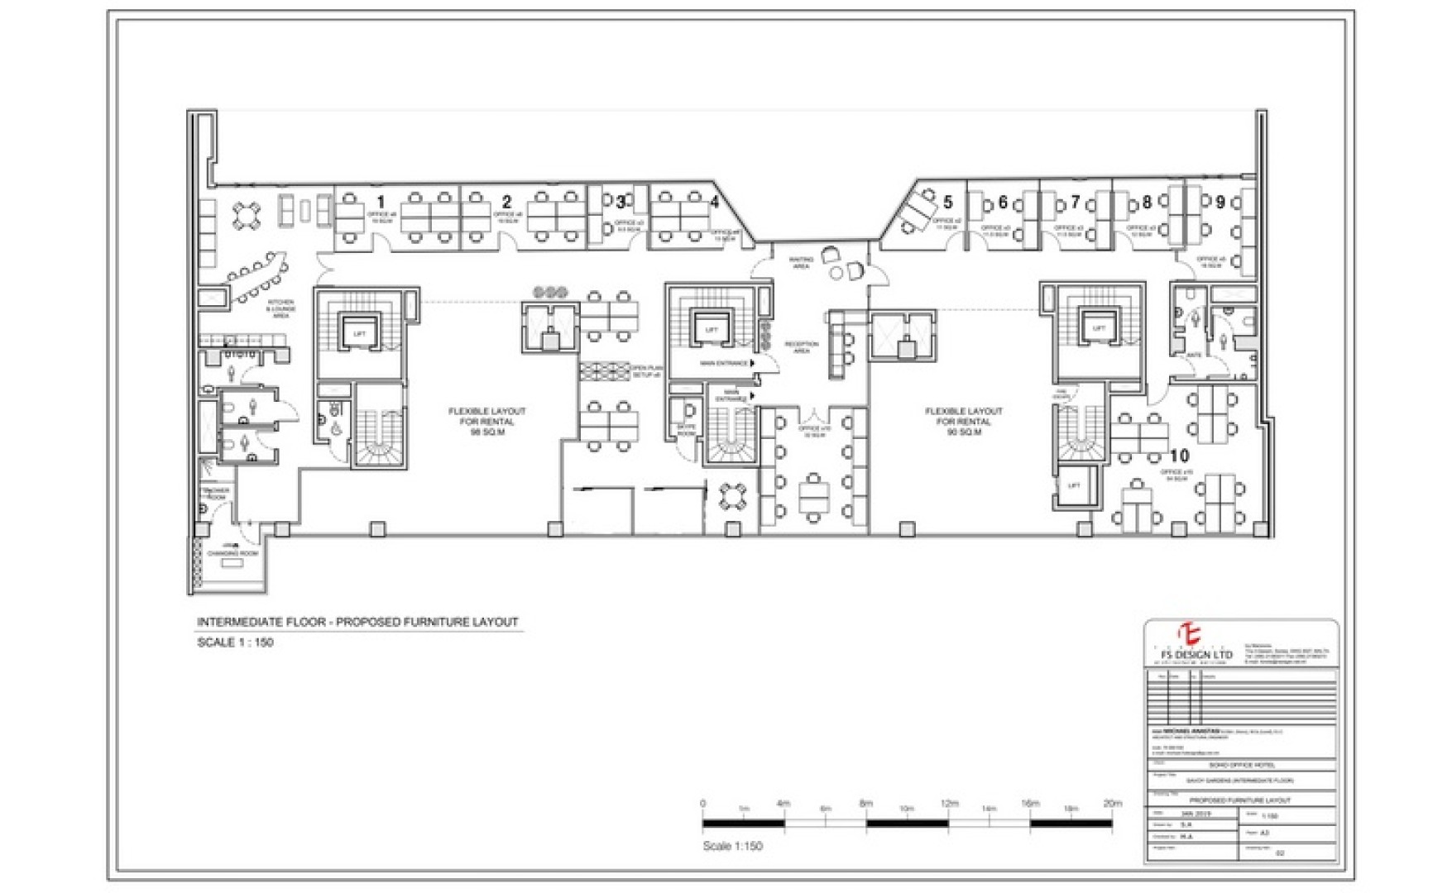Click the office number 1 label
(x=381, y=202)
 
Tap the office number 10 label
(x=1179, y=456)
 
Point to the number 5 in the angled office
(x=948, y=202)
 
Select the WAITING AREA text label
(x=801, y=263)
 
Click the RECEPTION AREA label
(x=801, y=347)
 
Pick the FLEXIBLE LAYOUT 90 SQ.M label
(x=964, y=421)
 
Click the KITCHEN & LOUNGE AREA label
(x=281, y=309)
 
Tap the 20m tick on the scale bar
(x=1112, y=804)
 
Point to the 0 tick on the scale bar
(x=703, y=804)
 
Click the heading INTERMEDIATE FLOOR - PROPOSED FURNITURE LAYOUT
(x=357, y=622)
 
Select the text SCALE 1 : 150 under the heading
(x=235, y=642)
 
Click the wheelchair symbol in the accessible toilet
(x=337, y=429)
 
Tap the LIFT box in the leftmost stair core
(x=359, y=333)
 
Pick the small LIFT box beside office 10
(x=1073, y=486)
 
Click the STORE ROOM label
(x=686, y=431)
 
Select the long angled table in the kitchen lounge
(x=257, y=278)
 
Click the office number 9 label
(x=1220, y=202)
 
